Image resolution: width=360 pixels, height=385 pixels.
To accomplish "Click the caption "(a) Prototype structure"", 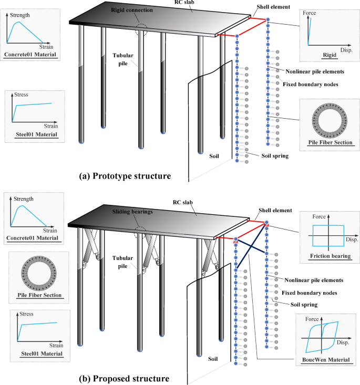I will [125, 175].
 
